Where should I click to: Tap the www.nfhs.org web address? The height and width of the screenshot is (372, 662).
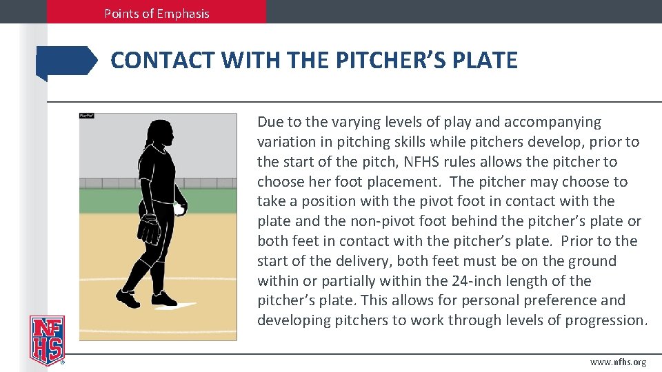(619, 362)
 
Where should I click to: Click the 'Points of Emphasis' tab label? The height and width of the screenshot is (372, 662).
(157, 13)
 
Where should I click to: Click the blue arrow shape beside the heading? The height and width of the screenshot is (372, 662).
(67, 61)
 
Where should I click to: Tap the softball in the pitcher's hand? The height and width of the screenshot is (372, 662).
(180, 209)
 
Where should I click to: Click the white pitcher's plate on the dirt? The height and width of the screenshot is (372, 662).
(181, 305)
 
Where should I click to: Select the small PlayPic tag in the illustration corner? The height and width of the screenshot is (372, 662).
(86, 116)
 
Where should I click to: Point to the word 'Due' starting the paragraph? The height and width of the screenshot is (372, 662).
(270, 123)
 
